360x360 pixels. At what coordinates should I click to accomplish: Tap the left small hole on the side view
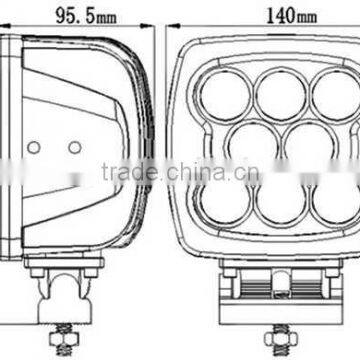click(33, 146)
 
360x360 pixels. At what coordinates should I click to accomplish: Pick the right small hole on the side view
click(74, 146)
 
